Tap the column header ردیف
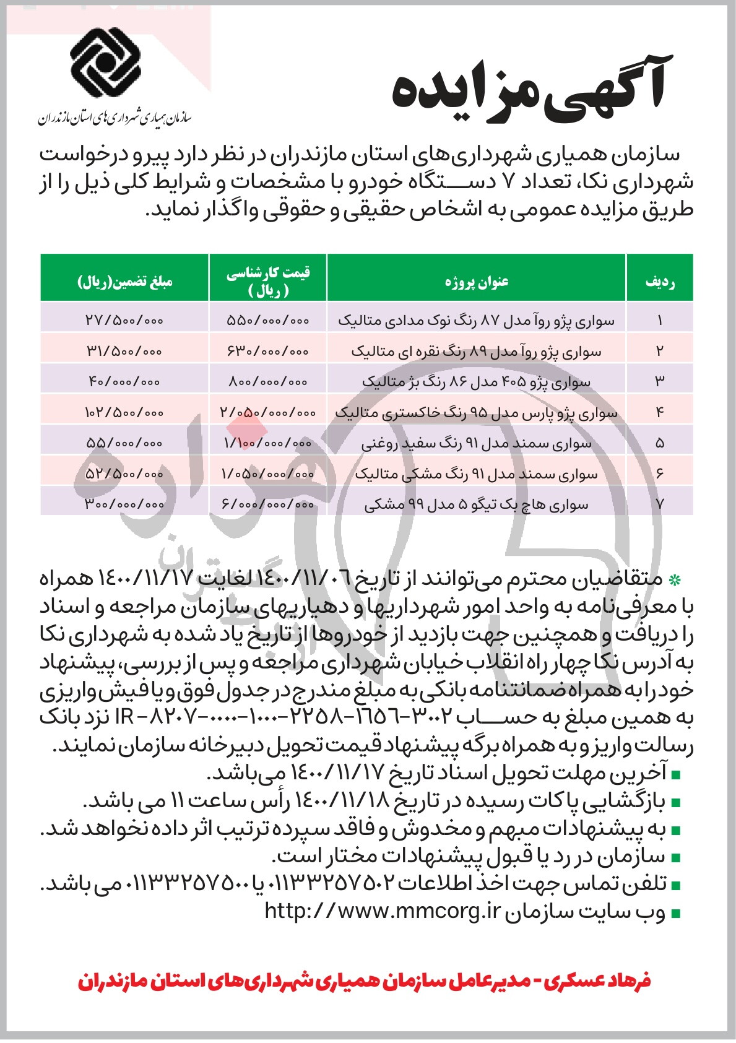click(660, 282)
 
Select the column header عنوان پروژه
click(477, 282)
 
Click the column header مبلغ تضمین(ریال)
click(124, 282)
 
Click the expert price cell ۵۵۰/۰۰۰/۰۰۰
click(268, 321)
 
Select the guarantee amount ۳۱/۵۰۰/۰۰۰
click(124, 351)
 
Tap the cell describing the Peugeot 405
click(477, 382)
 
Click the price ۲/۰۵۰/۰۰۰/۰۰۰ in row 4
click(268, 412)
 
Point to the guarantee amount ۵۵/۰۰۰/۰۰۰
click(124, 443)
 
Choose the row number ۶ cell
click(660, 474)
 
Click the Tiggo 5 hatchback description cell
click(477, 504)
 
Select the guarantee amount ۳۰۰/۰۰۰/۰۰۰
click(124, 504)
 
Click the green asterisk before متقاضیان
click(675, 581)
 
